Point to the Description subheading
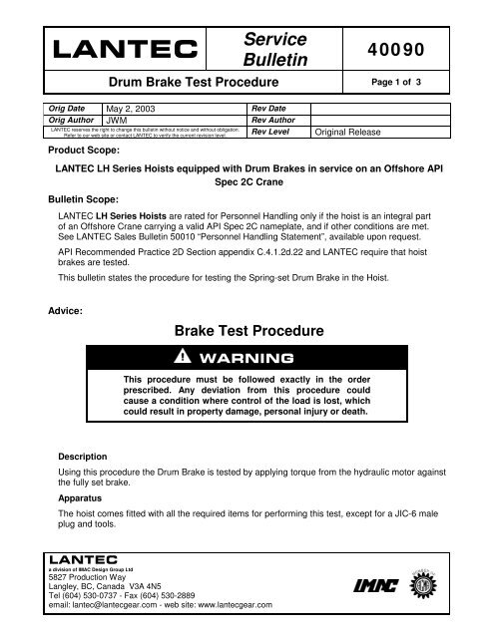tap(85, 458)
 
